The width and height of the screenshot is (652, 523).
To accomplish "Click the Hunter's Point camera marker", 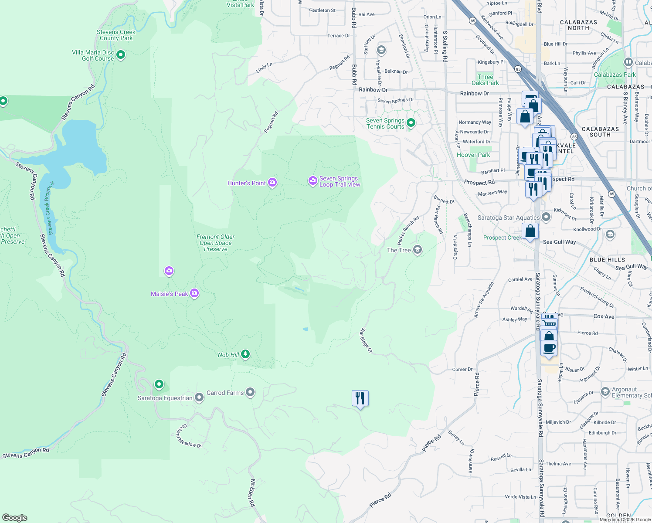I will pos(272,183).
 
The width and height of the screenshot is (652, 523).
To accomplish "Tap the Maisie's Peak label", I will pos(169,294).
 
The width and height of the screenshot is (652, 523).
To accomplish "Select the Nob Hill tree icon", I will pos(245,354).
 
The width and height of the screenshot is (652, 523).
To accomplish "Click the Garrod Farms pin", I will pos(250,393).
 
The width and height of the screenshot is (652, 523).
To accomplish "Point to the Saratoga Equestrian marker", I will pos(199,397).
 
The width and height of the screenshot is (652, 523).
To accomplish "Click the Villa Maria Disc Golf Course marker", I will pos(121,55).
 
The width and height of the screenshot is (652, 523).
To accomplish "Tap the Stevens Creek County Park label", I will pos(116,35).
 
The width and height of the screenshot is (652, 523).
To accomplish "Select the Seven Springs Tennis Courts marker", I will pos(411,123).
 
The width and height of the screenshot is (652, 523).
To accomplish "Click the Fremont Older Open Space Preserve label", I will pos(215,243).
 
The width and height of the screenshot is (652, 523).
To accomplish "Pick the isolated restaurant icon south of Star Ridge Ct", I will pos(360,398).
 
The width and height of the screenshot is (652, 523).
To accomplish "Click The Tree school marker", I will pos(418,250).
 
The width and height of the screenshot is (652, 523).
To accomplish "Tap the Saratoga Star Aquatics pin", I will pos(546,217).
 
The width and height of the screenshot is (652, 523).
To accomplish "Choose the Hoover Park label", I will pos(473,155).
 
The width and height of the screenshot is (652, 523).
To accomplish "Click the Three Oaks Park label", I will pos(485,80).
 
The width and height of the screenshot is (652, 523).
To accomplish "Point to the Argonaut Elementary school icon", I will pos(605,392).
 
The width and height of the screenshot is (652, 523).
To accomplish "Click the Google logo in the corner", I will pos(15,518).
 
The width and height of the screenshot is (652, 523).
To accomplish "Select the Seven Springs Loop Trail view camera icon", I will pos(312,181).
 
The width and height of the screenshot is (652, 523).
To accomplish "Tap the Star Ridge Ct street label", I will pos(366,340).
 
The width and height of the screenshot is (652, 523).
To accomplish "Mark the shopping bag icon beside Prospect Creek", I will pos(530,231).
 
